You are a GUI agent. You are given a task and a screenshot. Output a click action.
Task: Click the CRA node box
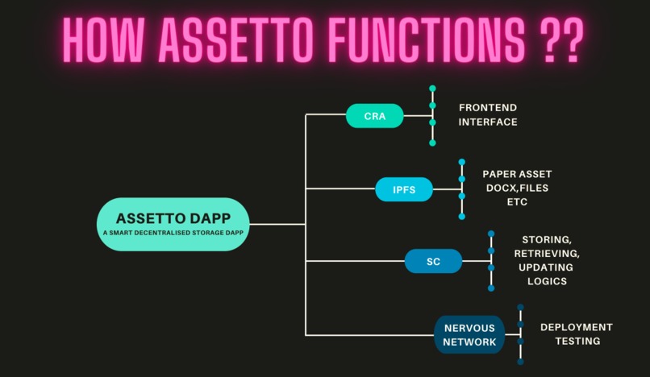pos(374,116)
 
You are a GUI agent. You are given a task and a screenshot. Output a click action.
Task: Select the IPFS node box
pos(404,189)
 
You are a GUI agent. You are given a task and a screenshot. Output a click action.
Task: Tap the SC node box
pos(433,261)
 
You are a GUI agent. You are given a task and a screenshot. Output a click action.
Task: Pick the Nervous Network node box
pos(469,334)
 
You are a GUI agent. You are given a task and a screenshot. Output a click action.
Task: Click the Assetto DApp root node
pos(172,224)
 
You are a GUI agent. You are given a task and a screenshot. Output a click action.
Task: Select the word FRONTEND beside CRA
pos(488,107)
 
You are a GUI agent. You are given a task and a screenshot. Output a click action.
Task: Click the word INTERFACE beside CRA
pos(488,122)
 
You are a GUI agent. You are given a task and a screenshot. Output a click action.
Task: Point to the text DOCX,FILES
pos(517,188)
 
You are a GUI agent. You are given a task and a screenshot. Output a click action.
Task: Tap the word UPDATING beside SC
pos(546,267)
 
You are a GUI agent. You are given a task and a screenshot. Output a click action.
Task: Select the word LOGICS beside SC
pos(546,281)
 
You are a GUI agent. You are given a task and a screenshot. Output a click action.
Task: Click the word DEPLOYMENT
pos(576,327)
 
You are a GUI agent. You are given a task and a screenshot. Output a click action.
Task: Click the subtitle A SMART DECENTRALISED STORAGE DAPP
pos(172,234)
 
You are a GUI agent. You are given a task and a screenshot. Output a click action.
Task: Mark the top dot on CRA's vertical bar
pos(432,88)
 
